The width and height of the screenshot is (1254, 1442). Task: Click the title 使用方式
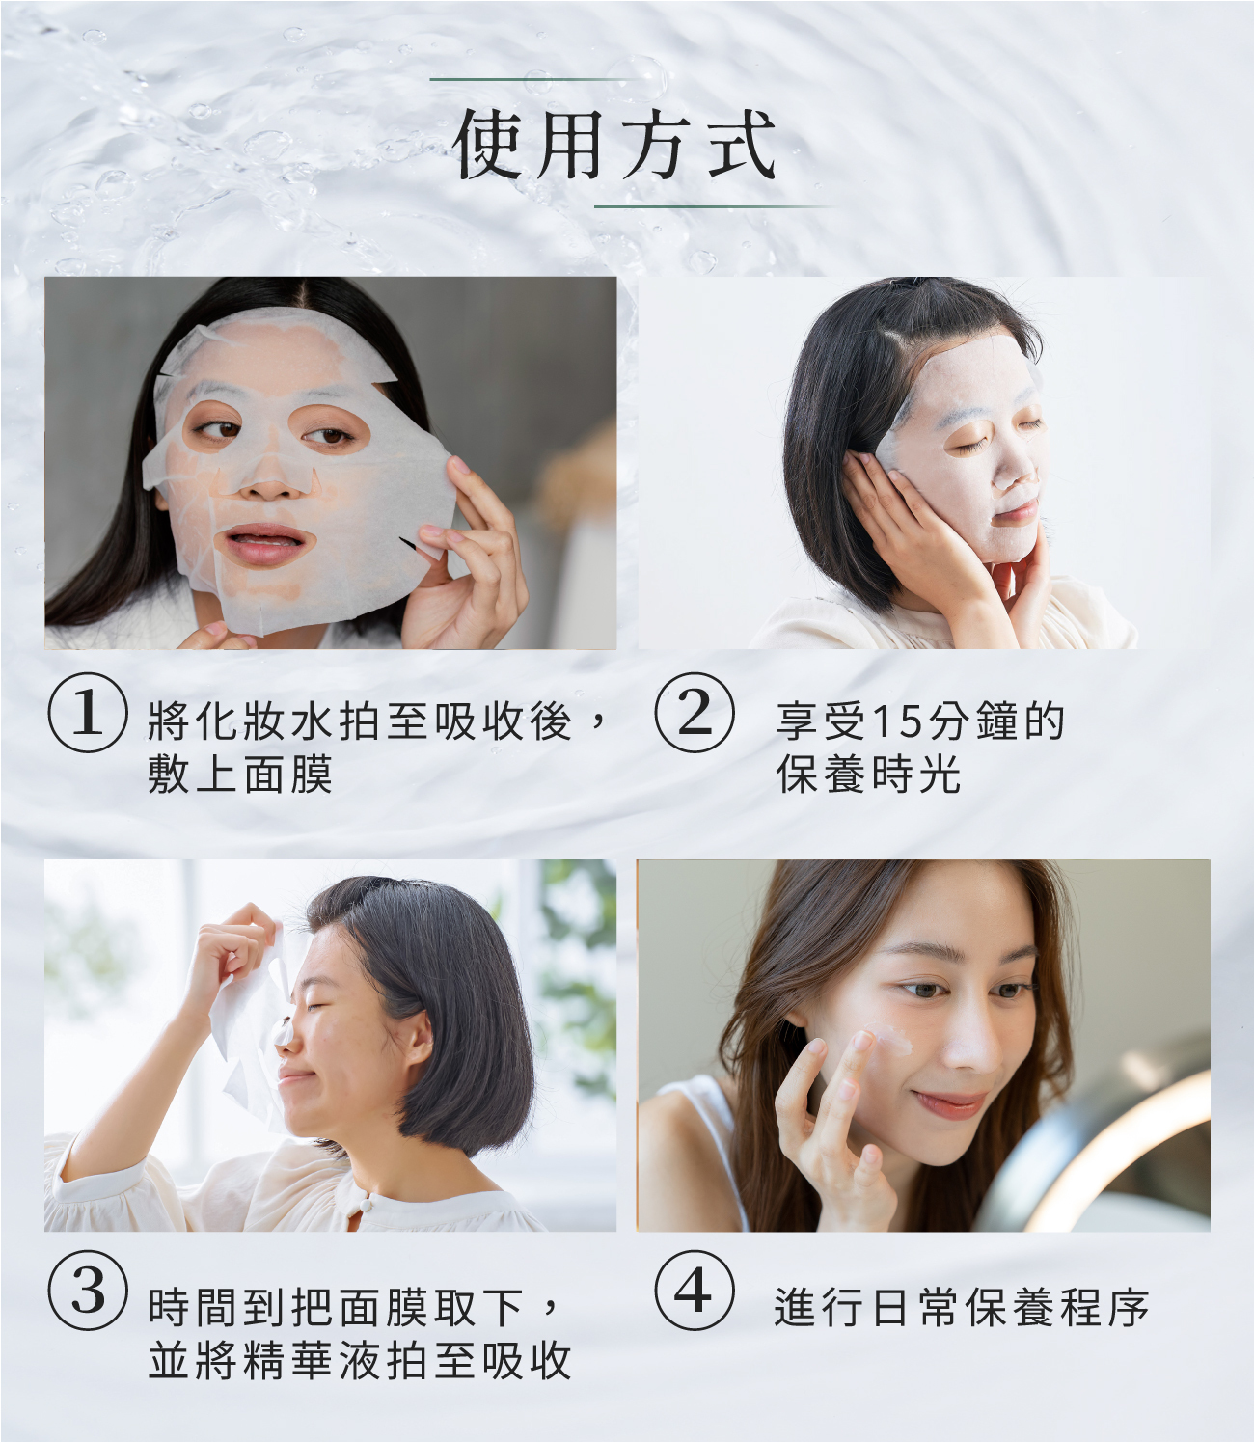click(614, 145)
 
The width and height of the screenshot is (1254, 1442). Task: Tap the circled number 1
click(88, 713)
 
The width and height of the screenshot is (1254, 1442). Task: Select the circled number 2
click(695, 713)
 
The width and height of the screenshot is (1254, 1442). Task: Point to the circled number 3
click(88, 1291)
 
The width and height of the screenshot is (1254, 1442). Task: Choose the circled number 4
click(695, 1291)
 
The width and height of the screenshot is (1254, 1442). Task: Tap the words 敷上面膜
click(240, 774)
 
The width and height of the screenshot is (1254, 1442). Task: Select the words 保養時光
click(868, 774)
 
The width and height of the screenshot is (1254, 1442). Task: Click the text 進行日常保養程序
click(961, 1308)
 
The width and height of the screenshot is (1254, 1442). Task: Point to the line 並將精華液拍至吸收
click(360, 1360)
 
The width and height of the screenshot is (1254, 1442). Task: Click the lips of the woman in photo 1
click(264, 545)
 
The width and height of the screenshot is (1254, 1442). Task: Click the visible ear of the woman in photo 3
click(419, 1040)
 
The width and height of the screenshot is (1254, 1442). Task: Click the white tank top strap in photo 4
click(719, 1138)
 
